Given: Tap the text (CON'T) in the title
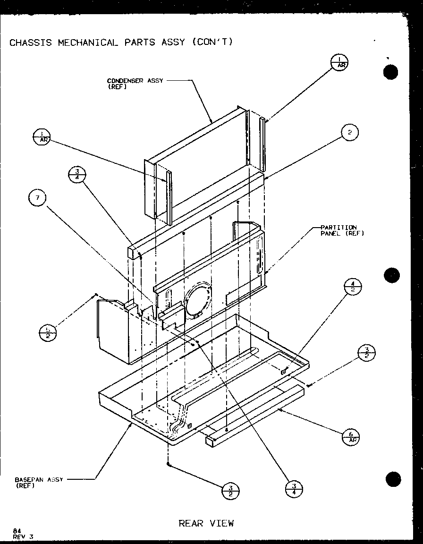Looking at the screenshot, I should click(x=212, y=42).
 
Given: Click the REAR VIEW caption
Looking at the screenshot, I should click(x=206, y=523).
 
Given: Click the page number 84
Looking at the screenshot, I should click(x=17, y=531).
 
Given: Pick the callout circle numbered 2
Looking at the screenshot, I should click(x=349, y=133).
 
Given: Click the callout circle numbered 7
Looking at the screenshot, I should click(x=37, y=198).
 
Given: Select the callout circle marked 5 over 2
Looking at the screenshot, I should click(x=47, y=332).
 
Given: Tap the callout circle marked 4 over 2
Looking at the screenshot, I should click(x=353, y=287).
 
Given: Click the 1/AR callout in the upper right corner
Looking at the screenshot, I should click(x=339, y=62).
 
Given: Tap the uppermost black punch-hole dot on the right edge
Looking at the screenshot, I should click(x=391, y=73).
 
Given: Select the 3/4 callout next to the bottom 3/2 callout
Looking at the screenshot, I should click(x=294, y=489).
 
